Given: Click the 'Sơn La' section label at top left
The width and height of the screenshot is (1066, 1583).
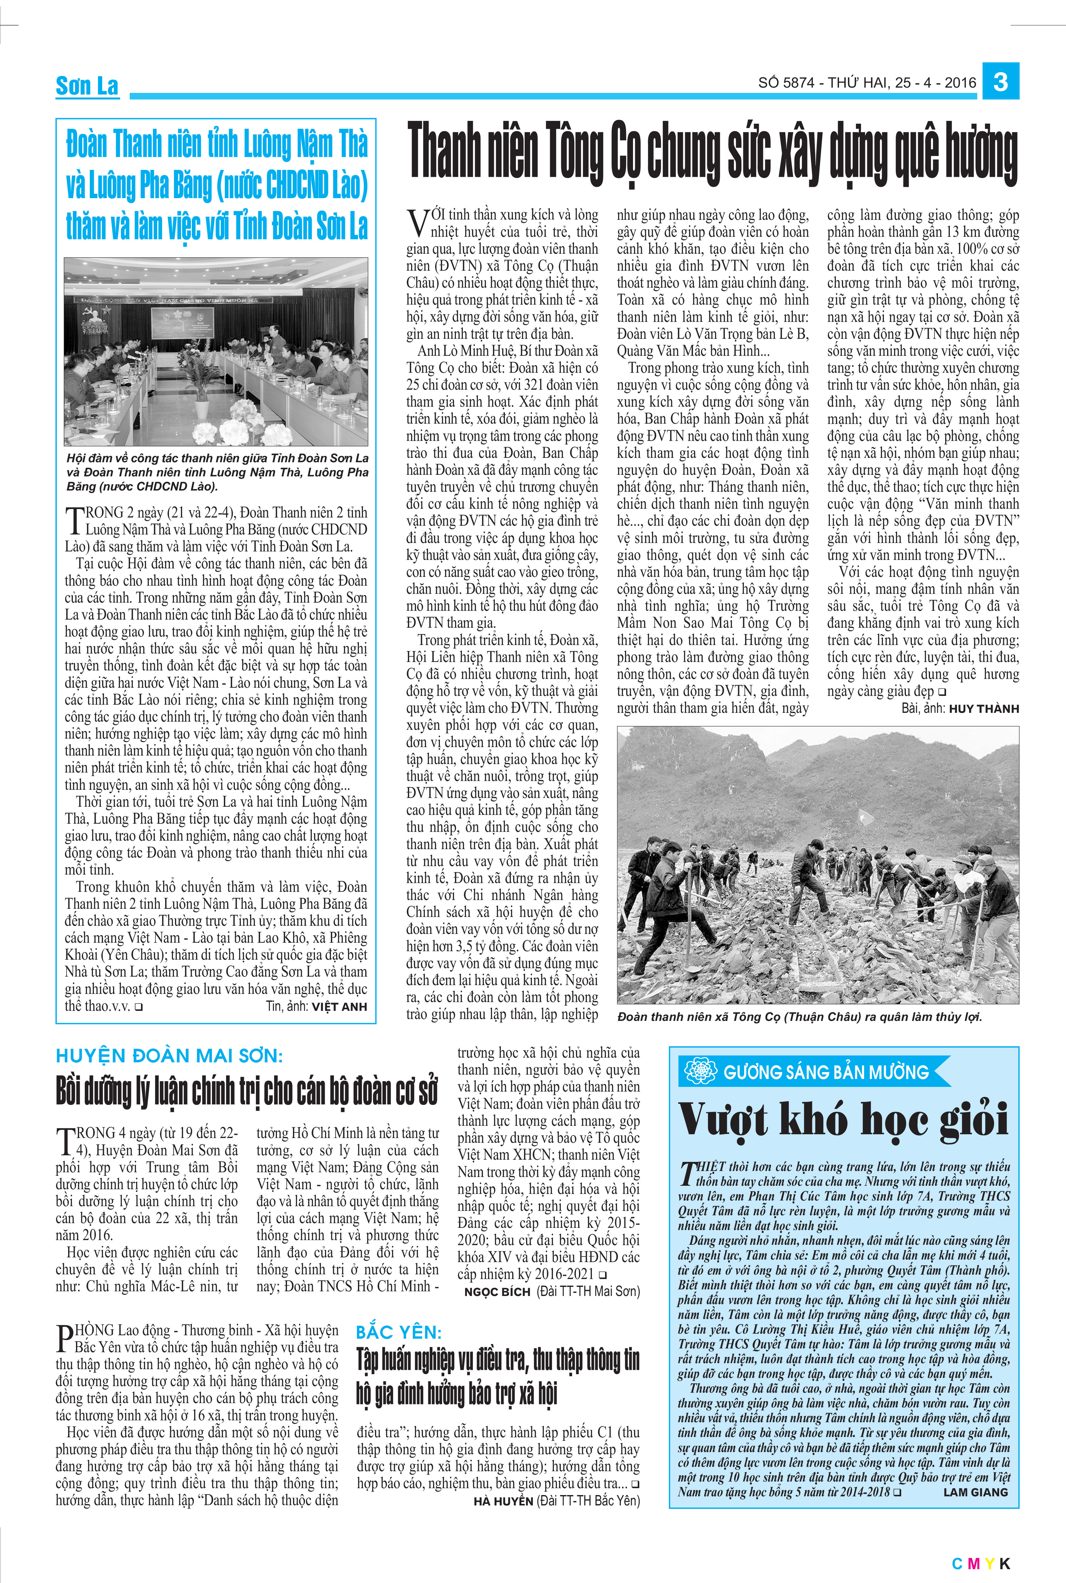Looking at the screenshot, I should click(x=87, y=86).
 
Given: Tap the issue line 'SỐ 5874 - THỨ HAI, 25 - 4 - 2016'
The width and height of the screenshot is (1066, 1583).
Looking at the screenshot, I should click(x=867, y=83).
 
